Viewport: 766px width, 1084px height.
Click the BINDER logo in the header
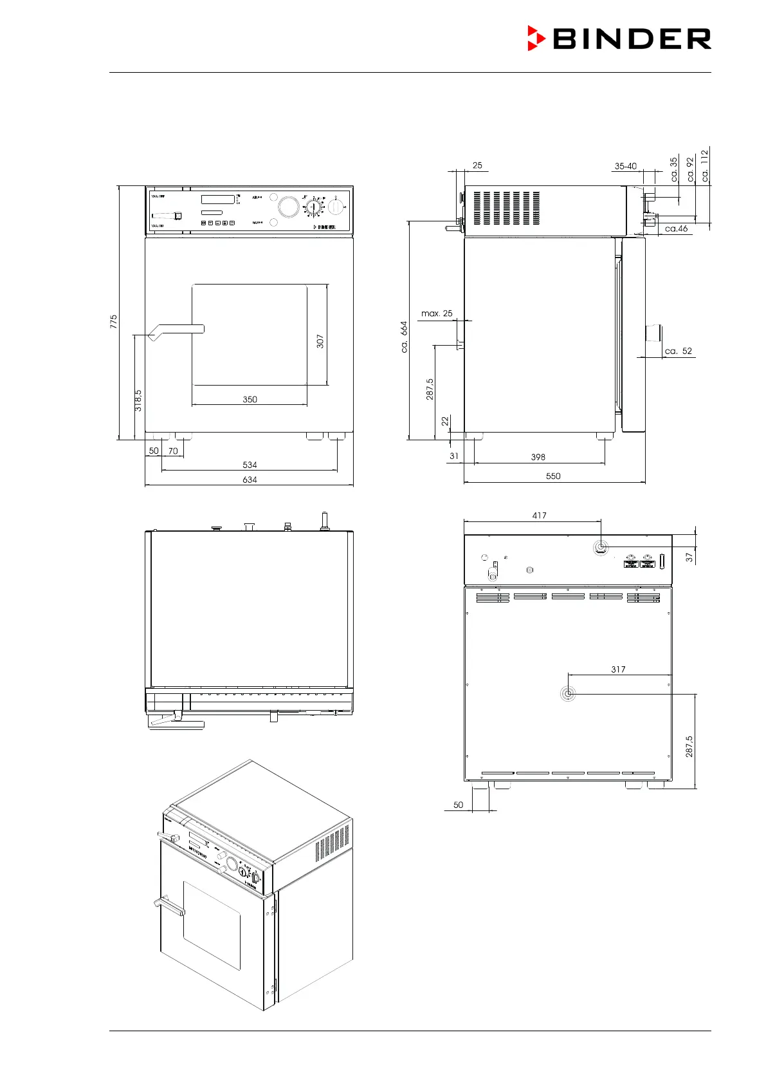click(619, 39)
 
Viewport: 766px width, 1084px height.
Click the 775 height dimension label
click(114, 322)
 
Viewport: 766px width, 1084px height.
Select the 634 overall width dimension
click(250, 480)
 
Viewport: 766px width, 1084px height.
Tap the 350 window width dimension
click(250, 399)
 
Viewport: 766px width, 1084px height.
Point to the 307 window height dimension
click(320, 341)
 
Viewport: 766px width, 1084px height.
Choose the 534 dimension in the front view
click(250, 465)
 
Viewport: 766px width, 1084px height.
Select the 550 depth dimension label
click(553, 476)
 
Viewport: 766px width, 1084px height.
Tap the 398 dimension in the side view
click(538, 457)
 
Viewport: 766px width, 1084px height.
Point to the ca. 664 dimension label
click(404, 337)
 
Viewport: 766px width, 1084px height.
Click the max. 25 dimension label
click(437, 313)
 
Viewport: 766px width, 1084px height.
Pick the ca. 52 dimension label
click(679, 351)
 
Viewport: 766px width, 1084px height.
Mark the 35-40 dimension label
click(625, 166)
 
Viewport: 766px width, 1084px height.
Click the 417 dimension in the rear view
click(539, 516)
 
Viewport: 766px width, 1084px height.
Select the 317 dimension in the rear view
click(618, 669)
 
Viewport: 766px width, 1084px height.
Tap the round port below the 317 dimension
click(567, 694)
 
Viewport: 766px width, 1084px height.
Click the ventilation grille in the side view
click(507, 208)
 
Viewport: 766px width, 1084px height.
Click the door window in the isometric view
click(212, 925)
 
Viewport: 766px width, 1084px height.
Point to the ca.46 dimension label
click(676, 229)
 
